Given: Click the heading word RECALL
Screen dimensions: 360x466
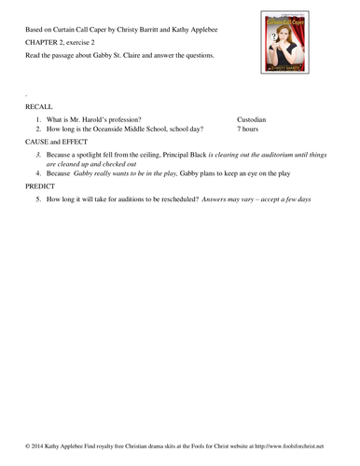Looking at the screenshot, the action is tap(40, 107).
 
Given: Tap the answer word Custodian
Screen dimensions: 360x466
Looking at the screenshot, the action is tap(252, 120).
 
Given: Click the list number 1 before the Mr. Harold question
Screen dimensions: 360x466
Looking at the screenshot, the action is tap(38, 120).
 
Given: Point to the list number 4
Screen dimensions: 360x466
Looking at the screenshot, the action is tap(38, 173).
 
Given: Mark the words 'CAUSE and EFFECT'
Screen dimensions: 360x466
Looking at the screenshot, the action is tap(57, 141).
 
